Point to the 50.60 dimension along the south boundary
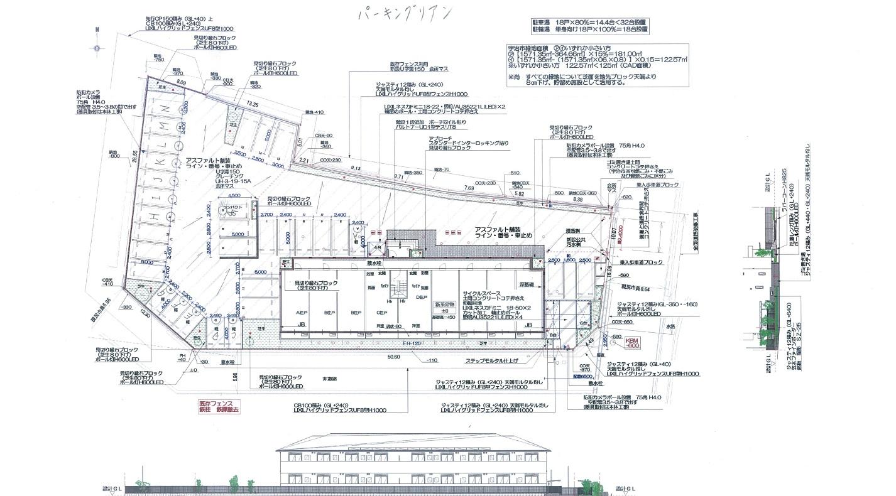(394, 357)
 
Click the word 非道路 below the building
(329, 379)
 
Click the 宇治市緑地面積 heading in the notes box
(537, 47)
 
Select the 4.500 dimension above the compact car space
(226, 195)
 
